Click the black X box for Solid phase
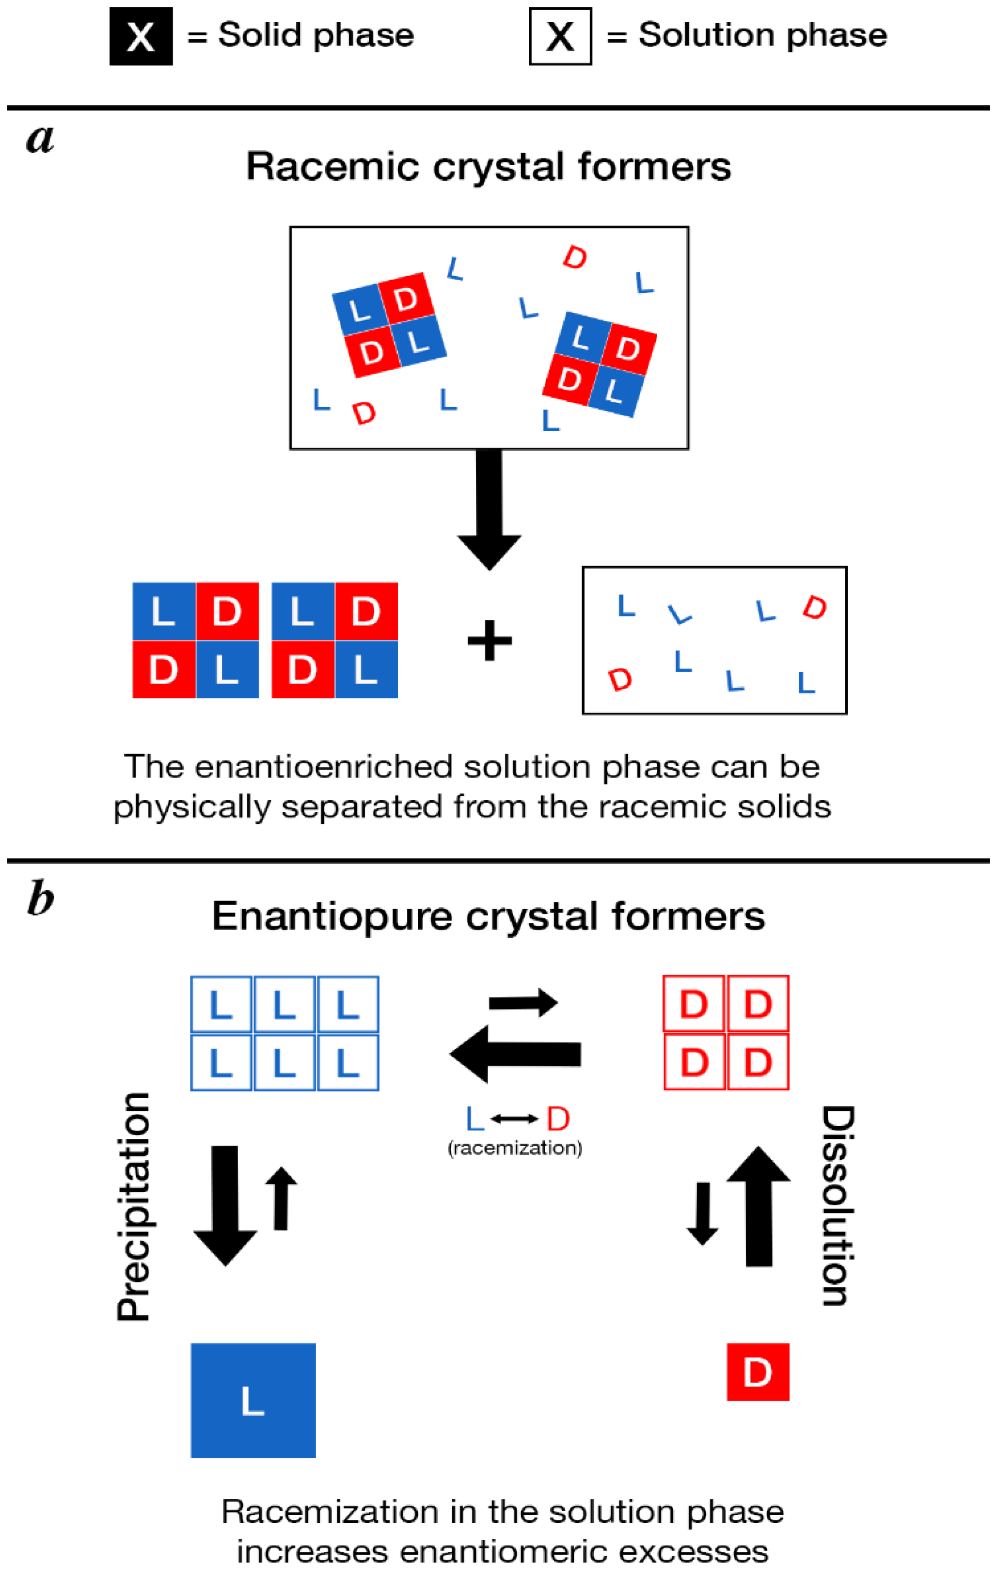tap(141, 37)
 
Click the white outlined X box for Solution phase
tap(560, 37)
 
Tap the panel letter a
tap(40, 139)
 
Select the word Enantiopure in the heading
tap(332, 916)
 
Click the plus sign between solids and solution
tap(489, 641)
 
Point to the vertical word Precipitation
tap(134, 1206)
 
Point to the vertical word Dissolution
tap(838, 1206)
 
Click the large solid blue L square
tap(253, 1401)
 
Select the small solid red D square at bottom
tap(758, 1372)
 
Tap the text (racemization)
tap(515, 1148)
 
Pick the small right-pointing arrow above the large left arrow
tap(522, 1003)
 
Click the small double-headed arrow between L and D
tap(515, 1119)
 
